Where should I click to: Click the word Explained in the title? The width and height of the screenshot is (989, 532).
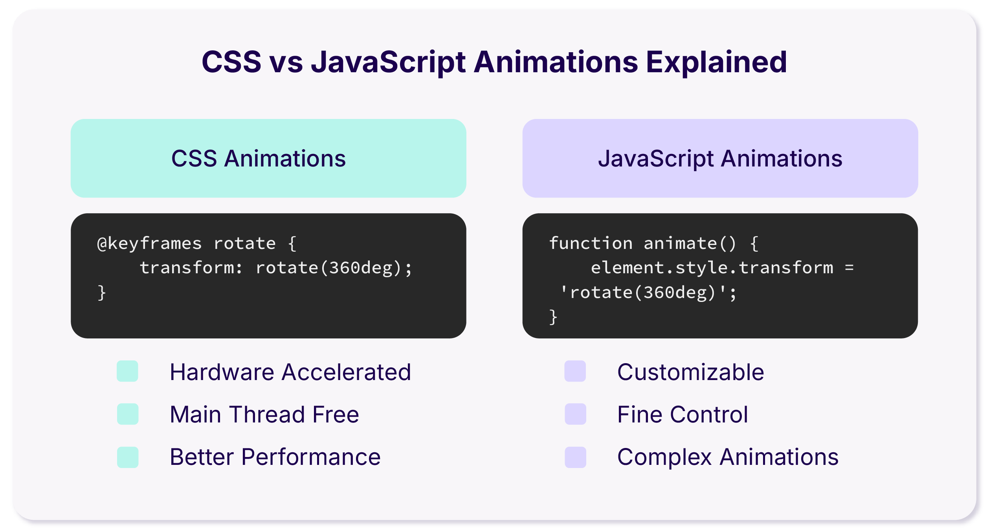coord(716,62)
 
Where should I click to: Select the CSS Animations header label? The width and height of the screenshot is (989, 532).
coord(259,159)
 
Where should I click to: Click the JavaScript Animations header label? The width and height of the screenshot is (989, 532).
coord(720,159)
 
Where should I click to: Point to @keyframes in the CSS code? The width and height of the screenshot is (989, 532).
coord(149,243)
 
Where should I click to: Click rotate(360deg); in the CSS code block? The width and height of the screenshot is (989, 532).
coord(334,268)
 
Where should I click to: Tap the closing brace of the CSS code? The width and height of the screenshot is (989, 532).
coord(102,293)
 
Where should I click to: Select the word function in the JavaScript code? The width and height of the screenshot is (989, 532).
coord(591,243)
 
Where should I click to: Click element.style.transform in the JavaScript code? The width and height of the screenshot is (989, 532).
coord(712,268)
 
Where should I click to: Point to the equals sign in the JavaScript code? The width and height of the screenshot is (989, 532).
coord(849,268)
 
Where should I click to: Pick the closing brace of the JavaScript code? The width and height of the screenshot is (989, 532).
coord(553,317)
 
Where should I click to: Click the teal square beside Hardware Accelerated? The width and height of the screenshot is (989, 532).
coord(128,371)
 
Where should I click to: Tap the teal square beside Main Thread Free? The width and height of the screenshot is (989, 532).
coord(128,414)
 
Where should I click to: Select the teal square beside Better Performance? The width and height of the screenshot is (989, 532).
coord(128,457)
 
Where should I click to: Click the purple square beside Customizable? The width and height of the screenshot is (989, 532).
coord(575,371)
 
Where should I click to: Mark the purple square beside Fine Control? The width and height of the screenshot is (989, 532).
coord(575,414)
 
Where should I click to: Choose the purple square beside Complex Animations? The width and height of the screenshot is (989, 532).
coord(575,457)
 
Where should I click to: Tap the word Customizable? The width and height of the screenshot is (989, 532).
coord(690,372)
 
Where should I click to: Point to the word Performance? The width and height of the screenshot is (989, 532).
coord(311,457)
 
